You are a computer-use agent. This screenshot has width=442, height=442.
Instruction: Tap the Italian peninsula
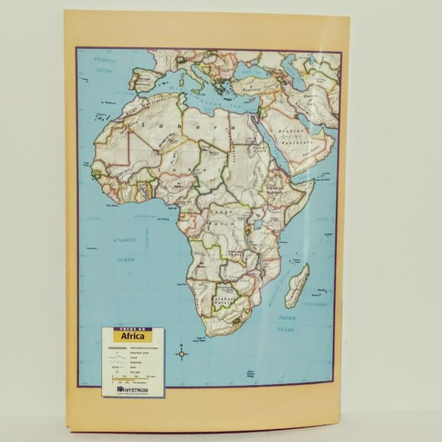point(200,73)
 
